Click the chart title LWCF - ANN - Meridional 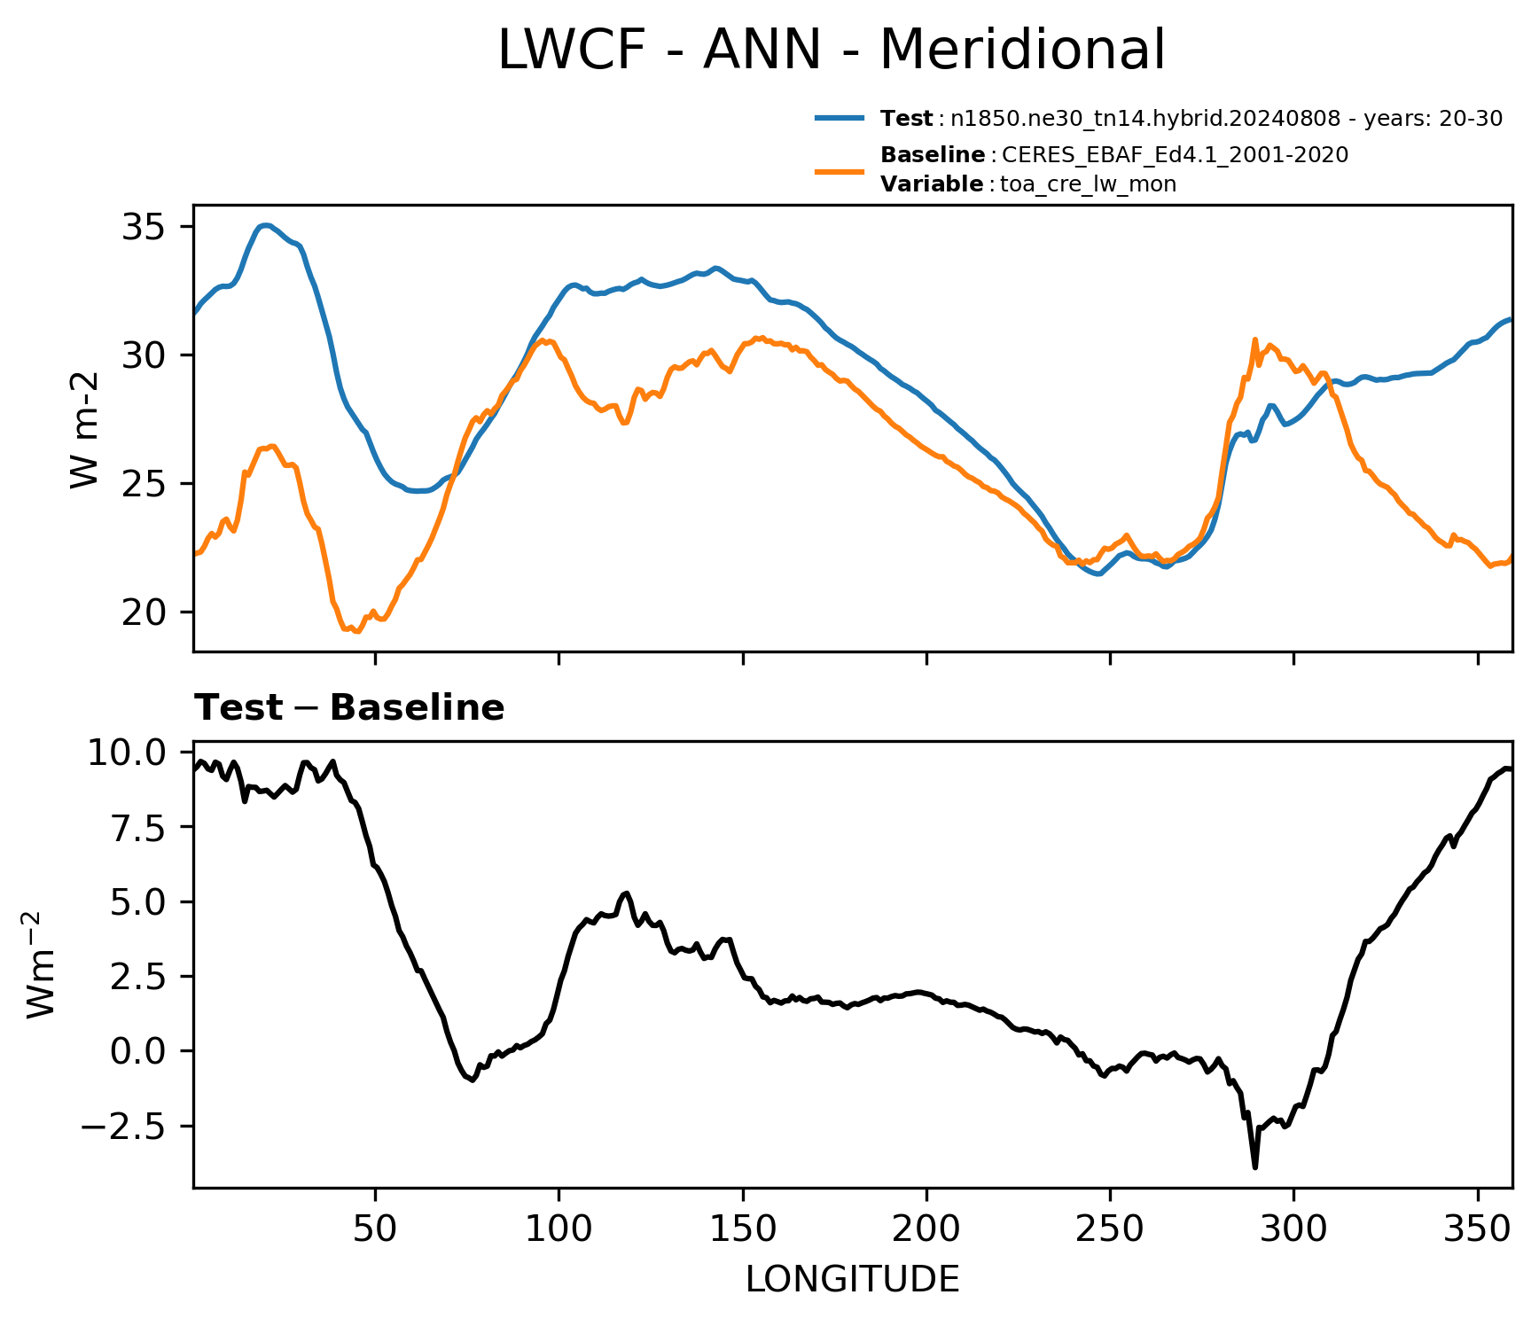pyautogui.click(x=831, y=50)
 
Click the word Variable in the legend pyautogui.click(x=932, y=184)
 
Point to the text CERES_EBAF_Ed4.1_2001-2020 pyautogui.click(x=1176, y=155)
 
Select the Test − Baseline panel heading pyautogui.click(x=349, y=708)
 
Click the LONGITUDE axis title pyautogui.click(x=853, y=1279)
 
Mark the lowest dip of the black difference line pyautogui.click(x=1255, y=1167)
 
